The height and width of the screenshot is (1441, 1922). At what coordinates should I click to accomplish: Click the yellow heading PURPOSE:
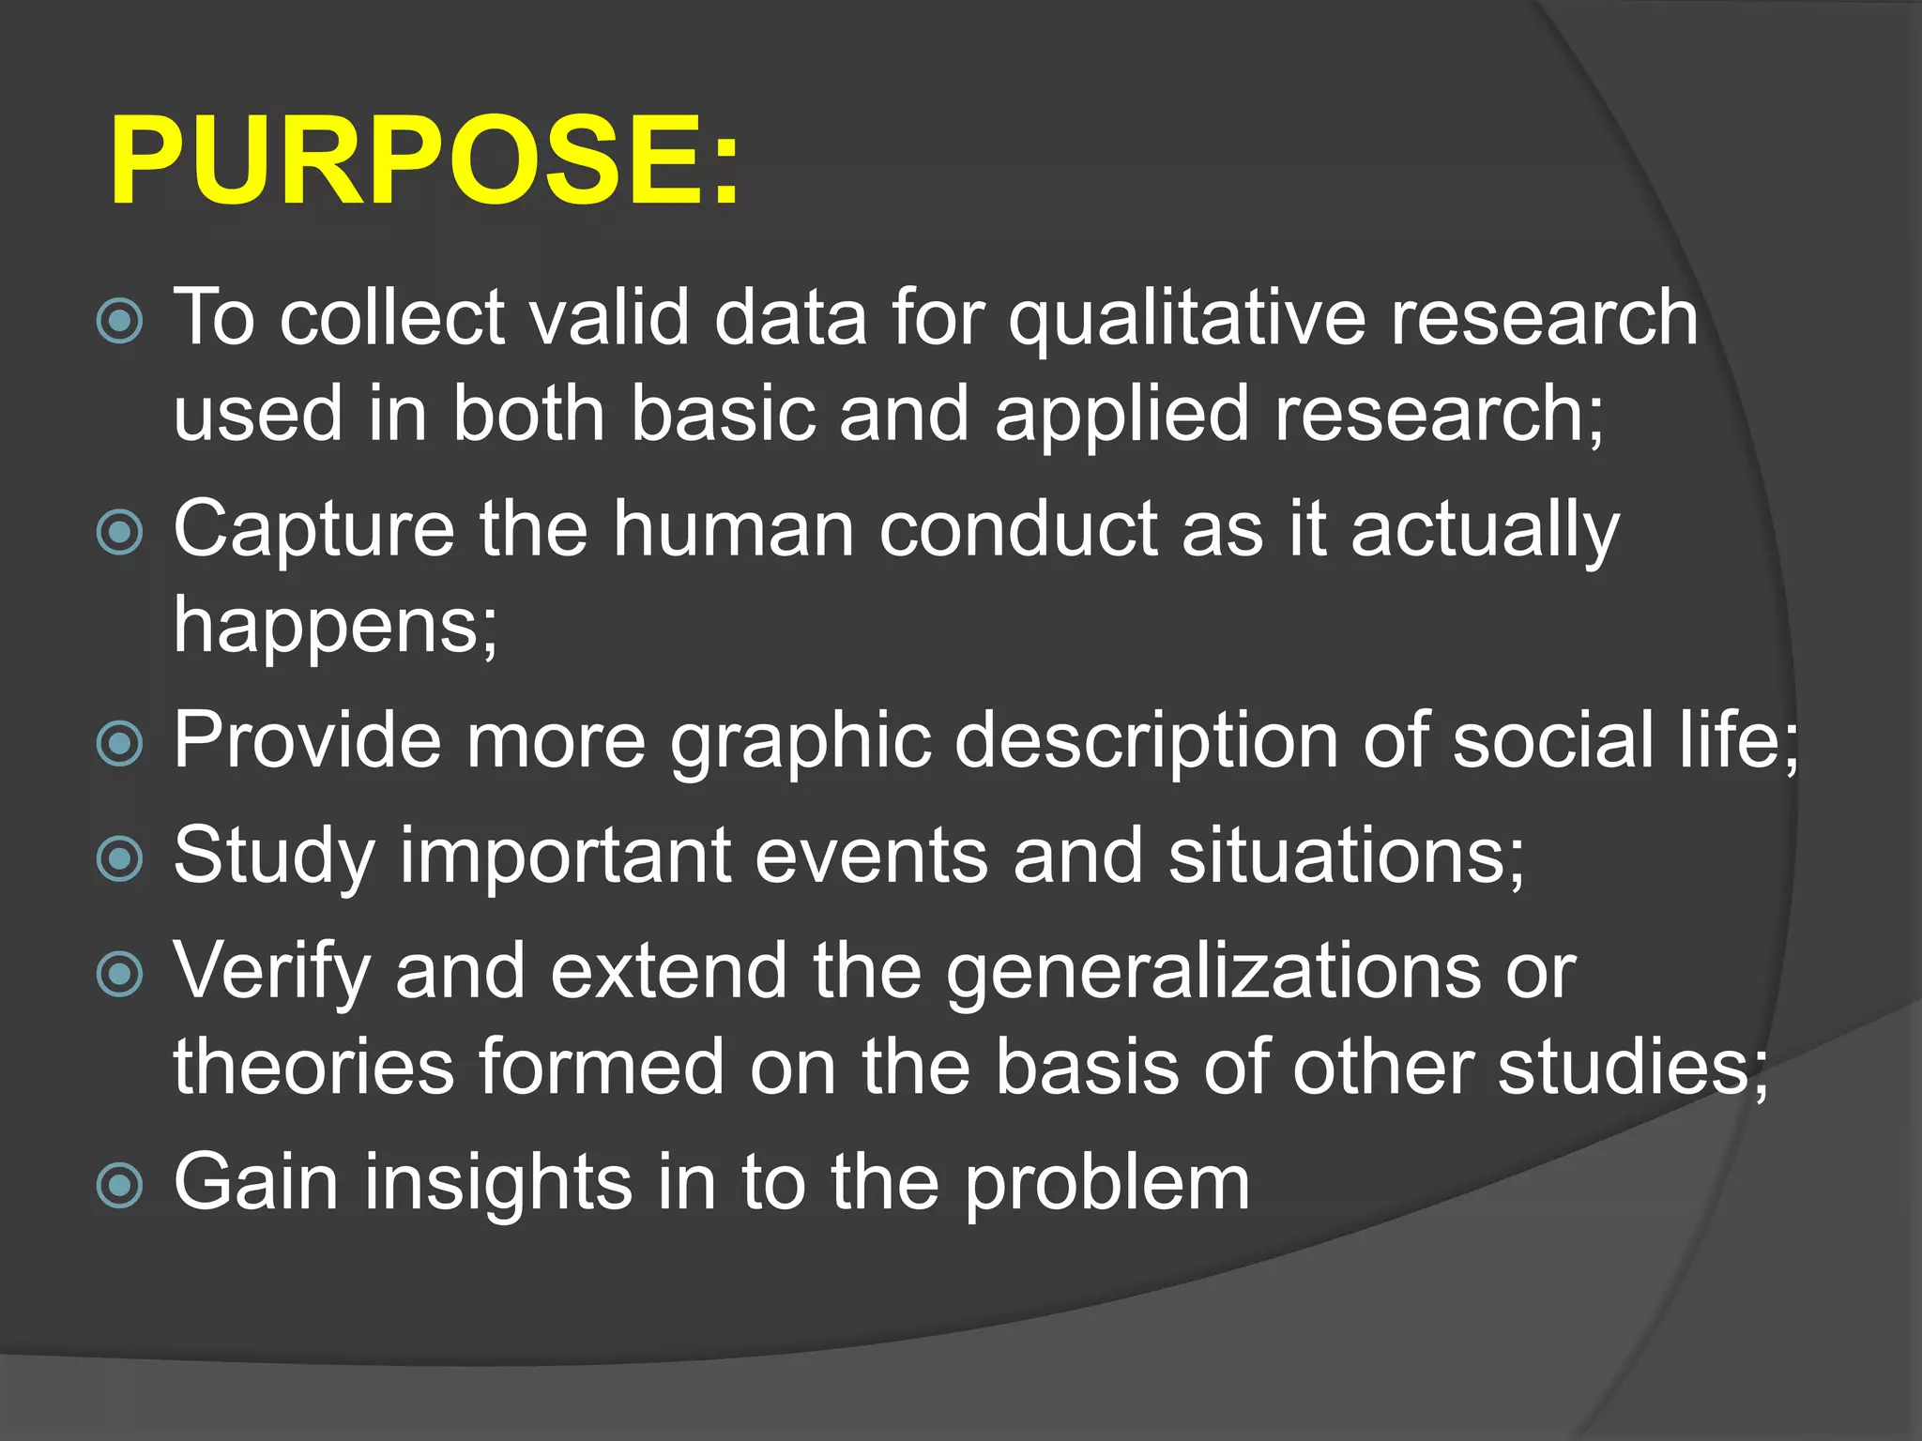pyautogui.click(x=424, y=159)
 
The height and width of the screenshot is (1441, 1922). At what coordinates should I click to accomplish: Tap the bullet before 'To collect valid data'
pyautogui.click(x=120, y=321)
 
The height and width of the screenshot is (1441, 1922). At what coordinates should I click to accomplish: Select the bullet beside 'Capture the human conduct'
pyautogui.click(x=120, y=533)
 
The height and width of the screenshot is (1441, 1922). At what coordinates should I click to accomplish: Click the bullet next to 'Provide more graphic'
pyautogui.click(x=120, y=744)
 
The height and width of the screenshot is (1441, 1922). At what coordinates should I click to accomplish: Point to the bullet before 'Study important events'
pyautogui.click(x=120, y=859)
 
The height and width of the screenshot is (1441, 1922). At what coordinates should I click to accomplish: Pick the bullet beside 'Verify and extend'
pyautogui.click(x=120, y=975)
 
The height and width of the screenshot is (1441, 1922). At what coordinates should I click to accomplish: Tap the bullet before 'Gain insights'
pyautogui.click(x=120, y=1186)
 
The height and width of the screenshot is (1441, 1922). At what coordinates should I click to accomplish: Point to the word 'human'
pyautogui.click(x=733, y=531)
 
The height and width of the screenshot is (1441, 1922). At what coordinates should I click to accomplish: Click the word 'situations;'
pyautogui.click(x=1347, y=857)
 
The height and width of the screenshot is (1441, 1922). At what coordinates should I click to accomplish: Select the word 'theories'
pyautogui.click(x=313, y=1068)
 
